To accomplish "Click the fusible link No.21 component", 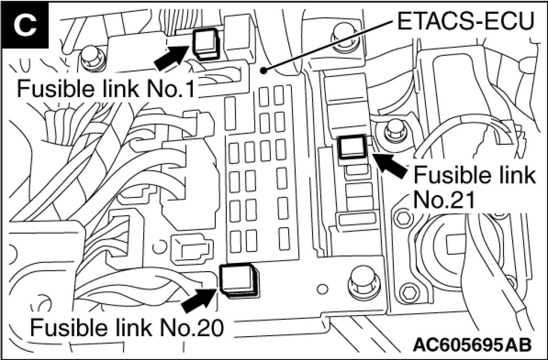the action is (353, 147).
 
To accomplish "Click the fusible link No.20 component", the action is (238, 280).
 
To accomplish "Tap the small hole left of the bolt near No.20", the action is (322, 287).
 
